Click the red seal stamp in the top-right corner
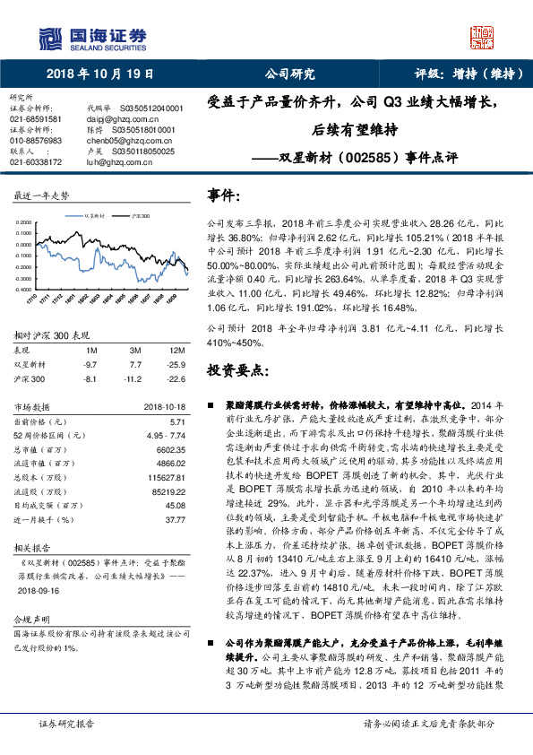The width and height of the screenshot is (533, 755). point(483,35)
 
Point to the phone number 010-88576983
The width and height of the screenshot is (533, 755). point(36,141)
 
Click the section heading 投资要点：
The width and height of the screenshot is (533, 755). point(238,369)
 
